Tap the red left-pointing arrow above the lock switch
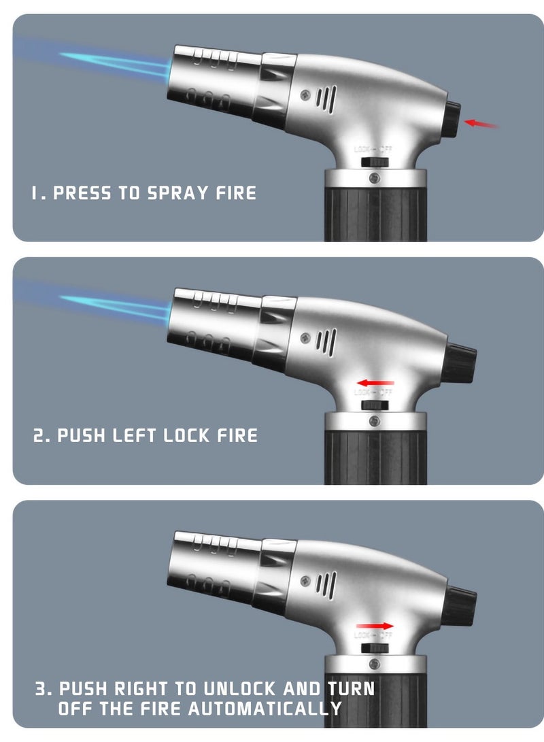pyautogui.click(x=375, y=383)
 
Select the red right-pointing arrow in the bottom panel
pyautogui.click(x=375, y=626)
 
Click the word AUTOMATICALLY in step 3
pyautogui.click(x=266, y=709)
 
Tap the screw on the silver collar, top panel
pyautogui.click(x=373, y=178)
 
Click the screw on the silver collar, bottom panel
pyautogui.click(x=373, y=664)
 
